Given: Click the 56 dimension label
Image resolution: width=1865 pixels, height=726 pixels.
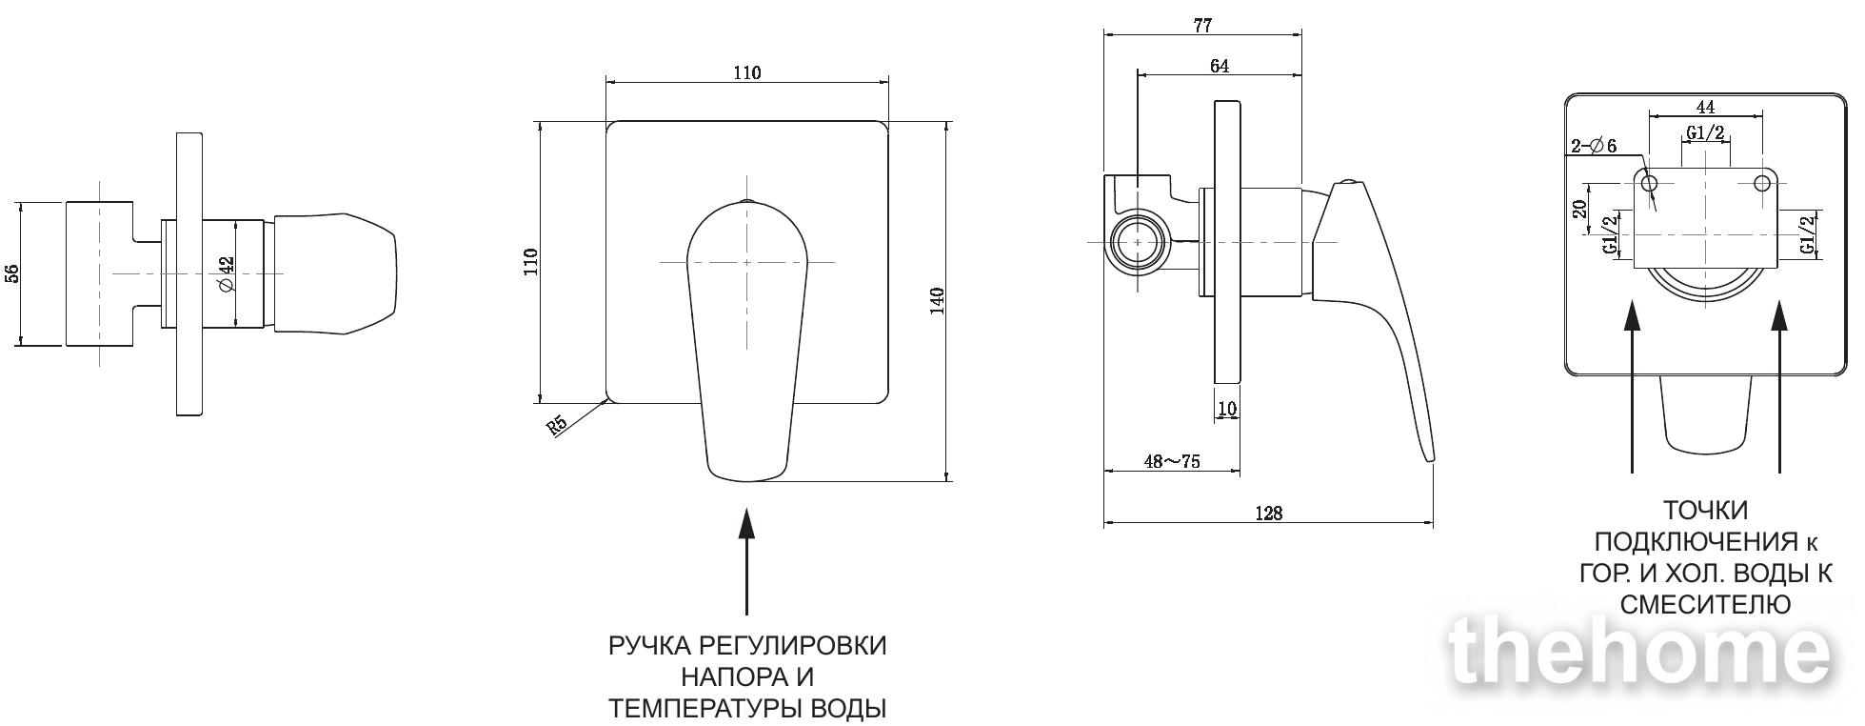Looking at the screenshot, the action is [x=12, y=273].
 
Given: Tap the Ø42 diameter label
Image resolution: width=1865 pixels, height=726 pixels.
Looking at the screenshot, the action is [x=227, y=274].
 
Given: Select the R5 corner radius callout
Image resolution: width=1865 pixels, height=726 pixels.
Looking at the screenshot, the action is [x=558, y=423].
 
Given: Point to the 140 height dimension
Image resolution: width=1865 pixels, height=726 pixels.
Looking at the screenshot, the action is [x=937, y=301].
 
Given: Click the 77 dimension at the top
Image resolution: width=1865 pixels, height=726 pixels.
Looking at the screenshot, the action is [x=1202, y=26].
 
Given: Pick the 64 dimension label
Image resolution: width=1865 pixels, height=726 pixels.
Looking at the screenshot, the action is [x=1220, y=66].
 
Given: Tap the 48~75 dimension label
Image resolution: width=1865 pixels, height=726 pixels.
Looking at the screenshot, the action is [x=1172, y=461].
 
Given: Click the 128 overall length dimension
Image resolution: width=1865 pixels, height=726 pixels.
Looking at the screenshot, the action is [x=1268, y=514].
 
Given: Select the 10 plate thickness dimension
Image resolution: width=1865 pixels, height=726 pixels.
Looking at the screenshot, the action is [x=1227, y=409].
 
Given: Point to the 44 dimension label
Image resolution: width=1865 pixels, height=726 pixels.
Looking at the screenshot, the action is [x=1705, y=107].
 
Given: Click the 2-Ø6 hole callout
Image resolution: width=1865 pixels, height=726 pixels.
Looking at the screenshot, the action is [x=1594, y=146].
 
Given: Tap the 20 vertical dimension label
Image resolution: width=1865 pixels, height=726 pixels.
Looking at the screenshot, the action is [x=1580, y=209].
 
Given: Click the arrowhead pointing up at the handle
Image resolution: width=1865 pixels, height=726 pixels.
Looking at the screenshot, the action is [x=747, y=525].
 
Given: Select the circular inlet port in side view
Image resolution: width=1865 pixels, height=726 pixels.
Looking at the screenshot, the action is [x=1138, y=243].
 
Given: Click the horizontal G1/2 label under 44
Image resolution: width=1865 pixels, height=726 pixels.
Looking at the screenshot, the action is [x=1705, y=133].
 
